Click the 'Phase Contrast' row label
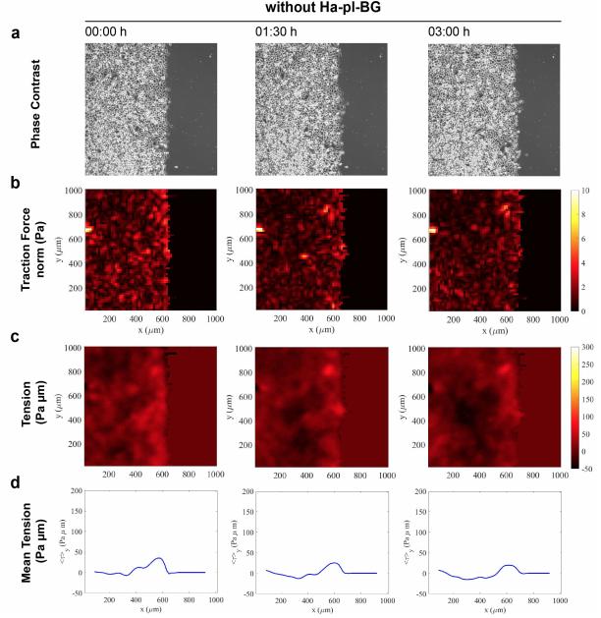point(36,111)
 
